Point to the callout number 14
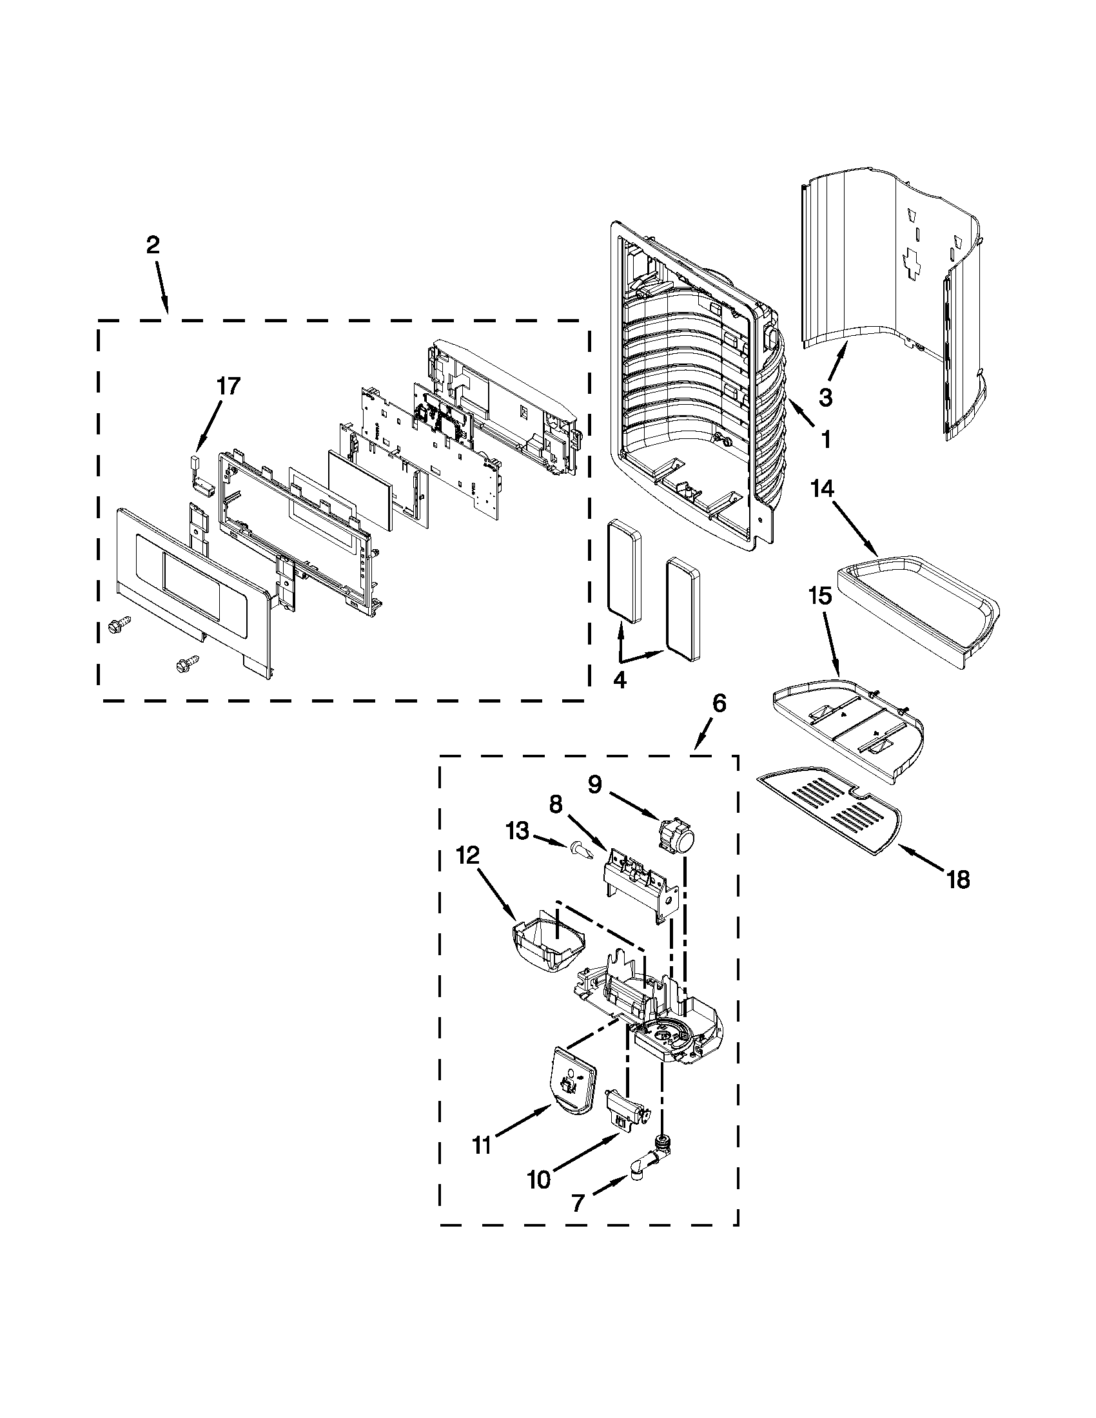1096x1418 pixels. pos(822,489)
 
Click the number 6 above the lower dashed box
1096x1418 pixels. pos(719,703)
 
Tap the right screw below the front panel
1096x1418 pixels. pos(188,663)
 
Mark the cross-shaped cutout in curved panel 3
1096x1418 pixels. pos(914,264)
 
